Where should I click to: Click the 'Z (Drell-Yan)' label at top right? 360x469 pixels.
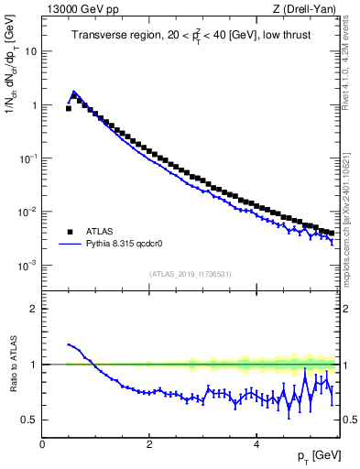click(303, 10)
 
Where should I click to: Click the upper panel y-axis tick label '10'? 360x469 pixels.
click(30, 52)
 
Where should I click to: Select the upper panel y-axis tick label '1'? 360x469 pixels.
click(34, 105)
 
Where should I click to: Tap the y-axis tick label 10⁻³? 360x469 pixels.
click(28, 266)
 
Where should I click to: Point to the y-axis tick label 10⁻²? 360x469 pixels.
click(28, 213)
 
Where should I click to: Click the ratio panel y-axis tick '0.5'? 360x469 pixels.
click(29, 420)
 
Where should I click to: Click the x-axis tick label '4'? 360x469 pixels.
click(256, 444)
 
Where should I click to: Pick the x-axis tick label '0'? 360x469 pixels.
click(42, 444)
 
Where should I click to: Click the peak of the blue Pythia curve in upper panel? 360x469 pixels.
click(74, 92)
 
